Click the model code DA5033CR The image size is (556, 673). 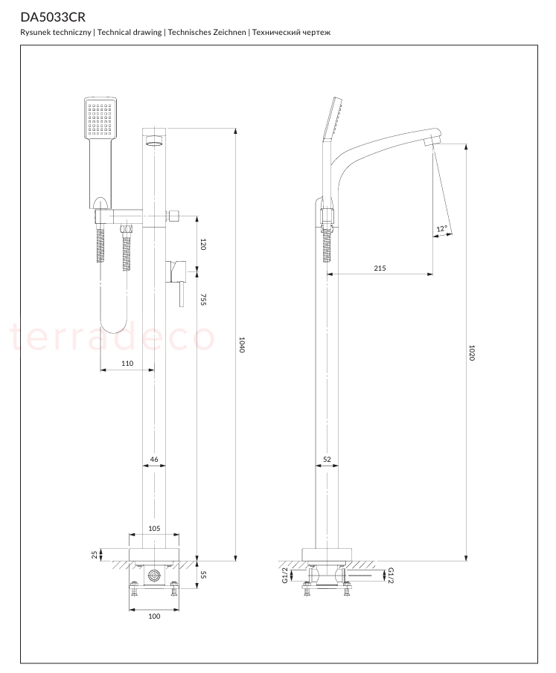pyautogui.click(x=53, y=17)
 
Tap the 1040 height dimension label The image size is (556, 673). pyautogui.click(x=242, y=344)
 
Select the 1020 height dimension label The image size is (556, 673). pyautogui.click(x=472, y=352)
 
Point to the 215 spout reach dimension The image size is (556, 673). pyautogui.click(x=380, y=268)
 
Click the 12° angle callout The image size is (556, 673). pyautogui.click(x=441, y=229)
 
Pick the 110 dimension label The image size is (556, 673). pyautogui.click(x=127, y=363)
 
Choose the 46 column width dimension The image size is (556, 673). pyautogui.click(x=154, y=460)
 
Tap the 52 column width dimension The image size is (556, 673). pyautogui.click(x=327, y=460)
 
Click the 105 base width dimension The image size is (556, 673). pyautogui.click(x=154, y=528)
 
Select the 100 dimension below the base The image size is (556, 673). pyautogui.click(x=154, y=616)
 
